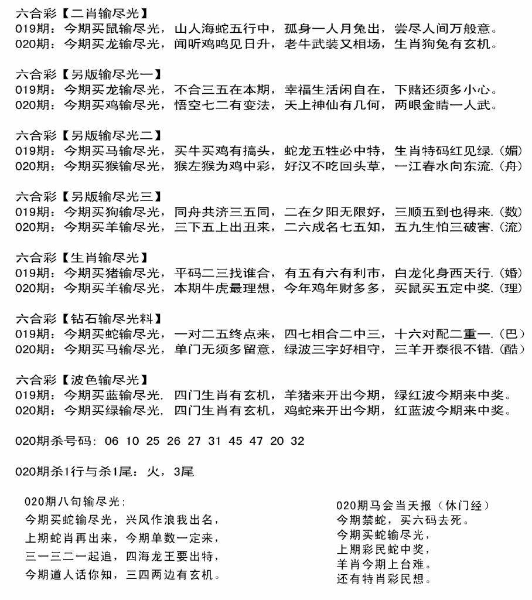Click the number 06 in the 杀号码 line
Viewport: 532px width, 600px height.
pyautogui.click(x=111, y=441)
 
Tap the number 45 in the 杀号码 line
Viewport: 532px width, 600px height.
pyautogui.click(x=235, y=441)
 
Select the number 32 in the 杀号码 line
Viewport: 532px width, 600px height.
pyautogui.click(x=297, y=441)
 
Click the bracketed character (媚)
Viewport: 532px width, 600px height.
pyautogui.click(x=512, y=151)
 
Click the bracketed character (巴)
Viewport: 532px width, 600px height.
pyautogui.click(x=512, y=335)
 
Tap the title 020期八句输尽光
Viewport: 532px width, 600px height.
pyautogui.click(x=73, y=502)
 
